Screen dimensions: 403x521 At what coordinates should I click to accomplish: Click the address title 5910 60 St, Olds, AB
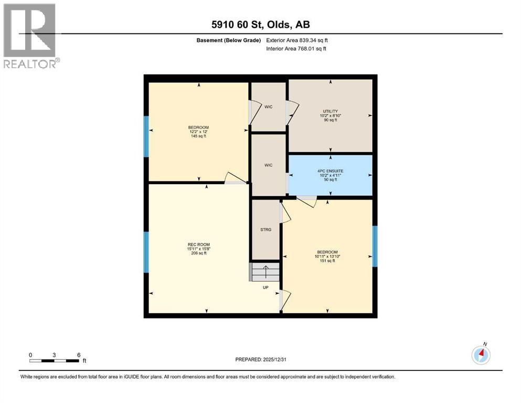click(261, 25)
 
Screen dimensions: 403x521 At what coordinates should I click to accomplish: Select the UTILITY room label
click(330, 111)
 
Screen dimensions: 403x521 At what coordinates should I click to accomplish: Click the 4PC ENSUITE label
click(330, 171)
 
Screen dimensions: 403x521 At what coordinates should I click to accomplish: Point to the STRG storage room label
click(266, 230)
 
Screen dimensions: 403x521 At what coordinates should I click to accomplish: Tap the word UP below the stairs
click(266, 288)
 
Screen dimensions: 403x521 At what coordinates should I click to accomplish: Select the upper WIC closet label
click(268, 107)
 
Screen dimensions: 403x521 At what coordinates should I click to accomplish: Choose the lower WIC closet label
click(268, 165)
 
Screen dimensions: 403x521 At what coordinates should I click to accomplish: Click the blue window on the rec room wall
click(146, 252)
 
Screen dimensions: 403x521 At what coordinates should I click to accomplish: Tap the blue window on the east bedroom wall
click(375, 246)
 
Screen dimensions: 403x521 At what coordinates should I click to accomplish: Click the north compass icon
click(481, 355)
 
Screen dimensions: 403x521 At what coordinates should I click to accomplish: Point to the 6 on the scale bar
click(79, 355)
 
